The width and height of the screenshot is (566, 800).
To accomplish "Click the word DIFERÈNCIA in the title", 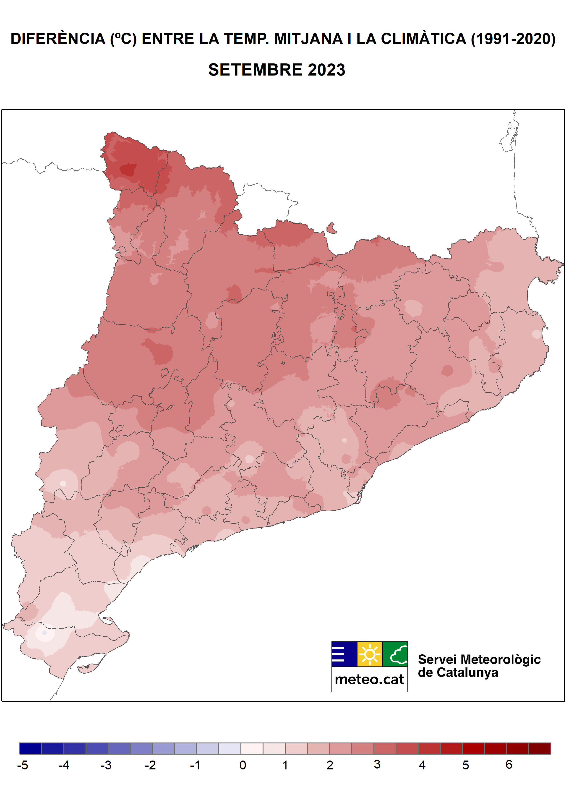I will tap(58, 39).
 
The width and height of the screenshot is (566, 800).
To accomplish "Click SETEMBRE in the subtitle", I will tap(255, 70).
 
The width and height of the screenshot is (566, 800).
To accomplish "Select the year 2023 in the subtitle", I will tap(326, 70).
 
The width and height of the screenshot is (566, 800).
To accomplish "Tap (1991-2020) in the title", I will tap(513, 39).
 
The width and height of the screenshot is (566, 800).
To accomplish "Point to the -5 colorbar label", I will tap(23, 765).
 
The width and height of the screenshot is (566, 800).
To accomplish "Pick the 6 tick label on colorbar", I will tap(509, 764).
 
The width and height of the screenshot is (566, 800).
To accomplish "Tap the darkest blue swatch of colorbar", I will tap(31, 748).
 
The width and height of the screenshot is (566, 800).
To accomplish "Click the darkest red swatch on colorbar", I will tap(540, 748).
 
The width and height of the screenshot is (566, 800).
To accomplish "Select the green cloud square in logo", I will tap(395, 654).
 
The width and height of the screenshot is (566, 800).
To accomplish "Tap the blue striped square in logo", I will tap(344, 654).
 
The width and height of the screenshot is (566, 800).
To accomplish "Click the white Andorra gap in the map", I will tap(265, 209).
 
